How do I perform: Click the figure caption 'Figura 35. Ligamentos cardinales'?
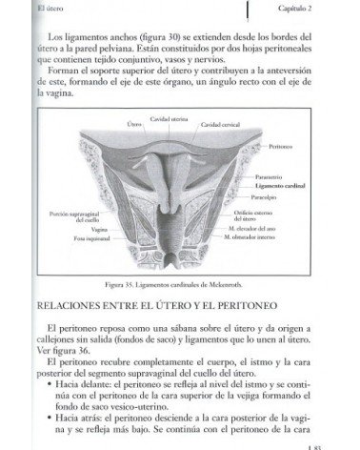[179, 284]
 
